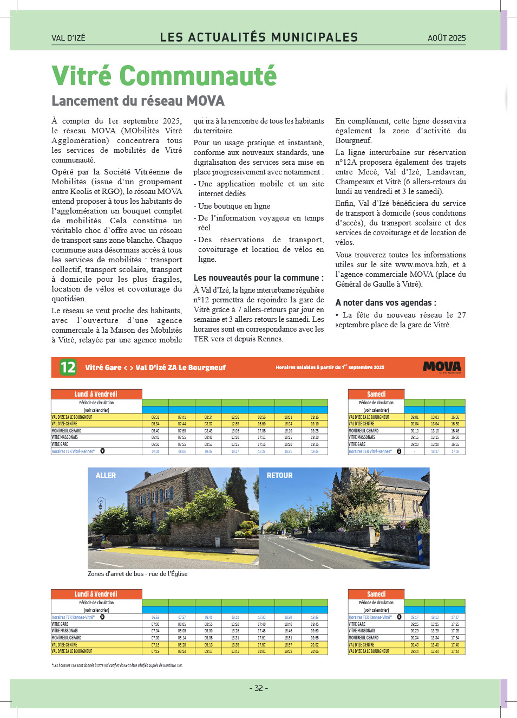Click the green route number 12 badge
pos(68,367)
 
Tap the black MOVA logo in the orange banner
pos(442,367)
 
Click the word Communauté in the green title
pos(198,76)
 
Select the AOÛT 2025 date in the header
pos(447,38)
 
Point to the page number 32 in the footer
pos(259,688)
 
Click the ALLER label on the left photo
pos(106,475)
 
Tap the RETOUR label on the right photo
pos(279,475)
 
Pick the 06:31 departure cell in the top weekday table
pos(155,417)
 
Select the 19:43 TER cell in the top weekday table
pos(315,451)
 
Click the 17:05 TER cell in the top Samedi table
pos(455,451)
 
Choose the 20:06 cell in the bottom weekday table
pos(315,651)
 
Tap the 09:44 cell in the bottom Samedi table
pos(414,651)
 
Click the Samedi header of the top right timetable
pos(376,394)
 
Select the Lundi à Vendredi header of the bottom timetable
pos(96,594)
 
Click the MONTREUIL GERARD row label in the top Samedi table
pos(364,431)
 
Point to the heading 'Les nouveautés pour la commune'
pos(258,277)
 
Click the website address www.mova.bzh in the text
pos(422,264)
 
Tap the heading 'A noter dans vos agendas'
pos(385,302)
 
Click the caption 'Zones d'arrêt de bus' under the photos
pos(138,574)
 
